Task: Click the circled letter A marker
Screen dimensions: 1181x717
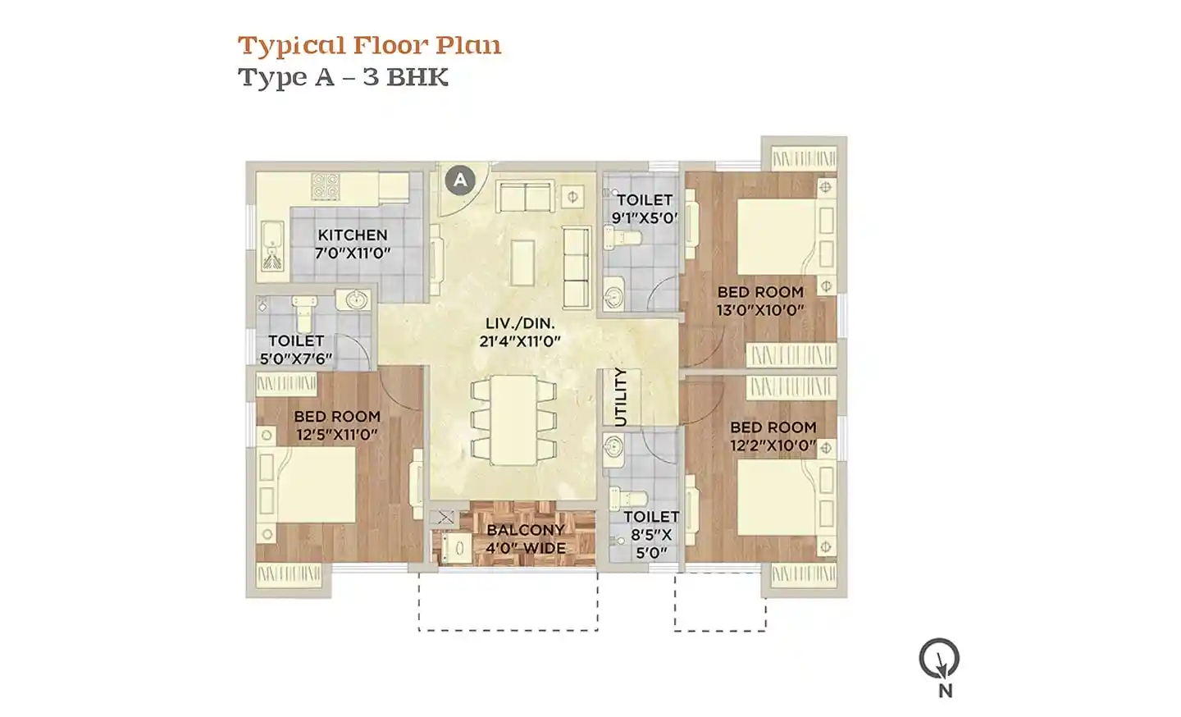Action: pos(460,180)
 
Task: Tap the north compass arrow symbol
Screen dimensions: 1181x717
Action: pos(939,659)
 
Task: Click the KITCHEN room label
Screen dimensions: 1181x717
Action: pos(352,235)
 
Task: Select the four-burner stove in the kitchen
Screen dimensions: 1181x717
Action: pos(326,185)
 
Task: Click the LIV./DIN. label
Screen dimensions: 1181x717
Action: pos(520,323)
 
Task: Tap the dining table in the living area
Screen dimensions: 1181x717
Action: pos(513,420)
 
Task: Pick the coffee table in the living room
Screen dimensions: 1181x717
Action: pos(522,262)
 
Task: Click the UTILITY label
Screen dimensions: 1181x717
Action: pos(622,397)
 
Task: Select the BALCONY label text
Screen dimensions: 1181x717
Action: pos(518,529)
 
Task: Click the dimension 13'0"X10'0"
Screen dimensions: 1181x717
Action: pos(760,310)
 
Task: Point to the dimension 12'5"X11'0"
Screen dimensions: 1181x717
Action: pos(337,435)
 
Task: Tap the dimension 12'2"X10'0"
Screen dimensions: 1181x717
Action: pos(773,445)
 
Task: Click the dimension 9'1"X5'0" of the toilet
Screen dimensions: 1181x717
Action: pos(645,217)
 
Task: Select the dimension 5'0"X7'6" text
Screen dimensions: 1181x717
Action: pos(296,358)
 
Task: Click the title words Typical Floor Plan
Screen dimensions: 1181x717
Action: pos(369,46)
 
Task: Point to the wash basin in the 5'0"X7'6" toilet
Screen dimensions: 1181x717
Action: pos(358,299)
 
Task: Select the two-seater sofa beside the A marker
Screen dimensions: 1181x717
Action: pos(525,196)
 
